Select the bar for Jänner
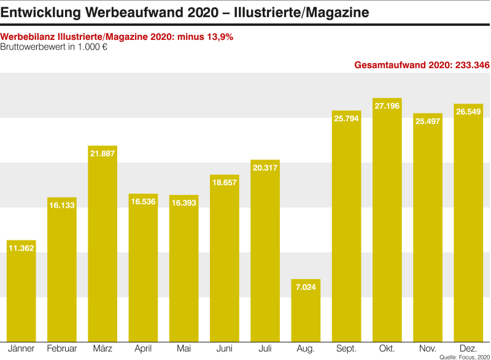21,291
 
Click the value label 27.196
387,106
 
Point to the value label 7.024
306,287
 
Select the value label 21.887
102,153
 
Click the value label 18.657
224,183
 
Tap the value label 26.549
468,112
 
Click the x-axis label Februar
61,349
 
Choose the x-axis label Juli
265,349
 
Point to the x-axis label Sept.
346,349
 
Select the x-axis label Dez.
468,349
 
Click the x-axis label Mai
184,349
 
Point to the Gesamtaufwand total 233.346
422,65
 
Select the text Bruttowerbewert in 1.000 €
54,47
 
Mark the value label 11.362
21,248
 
